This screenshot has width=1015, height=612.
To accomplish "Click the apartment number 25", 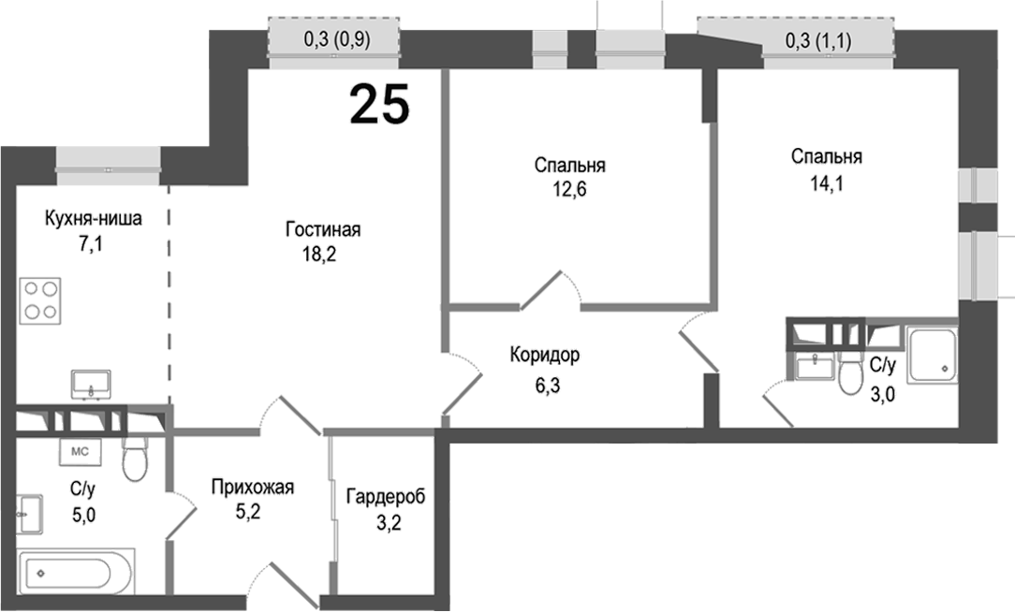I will [x=379, y=104].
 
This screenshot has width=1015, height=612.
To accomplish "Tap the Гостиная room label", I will [x=323, y=230].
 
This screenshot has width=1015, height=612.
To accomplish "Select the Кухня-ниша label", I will [x=94, y=219].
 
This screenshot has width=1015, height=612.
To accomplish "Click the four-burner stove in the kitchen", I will [x=40, y=300].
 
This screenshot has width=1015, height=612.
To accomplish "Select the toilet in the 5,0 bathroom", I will [x=136, y=458].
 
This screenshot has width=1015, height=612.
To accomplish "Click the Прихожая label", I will [x=253, y=487].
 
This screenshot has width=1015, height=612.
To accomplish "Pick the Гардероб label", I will [x=385, y=496].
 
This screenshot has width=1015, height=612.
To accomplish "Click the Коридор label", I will [x=545, y=356].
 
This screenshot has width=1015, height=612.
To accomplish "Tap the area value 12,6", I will [x=570, y=188].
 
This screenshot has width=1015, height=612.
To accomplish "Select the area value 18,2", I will [x=323, y=254].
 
